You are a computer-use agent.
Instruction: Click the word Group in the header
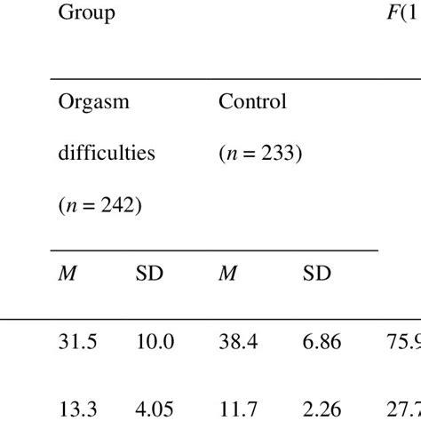(x=86, y=14)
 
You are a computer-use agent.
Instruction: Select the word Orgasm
(x=93, y=101)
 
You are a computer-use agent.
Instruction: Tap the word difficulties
(x=106, y=152)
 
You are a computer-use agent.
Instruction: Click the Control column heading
(x=252, y=101)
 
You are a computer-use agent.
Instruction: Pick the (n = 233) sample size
(x=261, y=152)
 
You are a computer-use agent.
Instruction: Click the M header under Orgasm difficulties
(x=68, y=274)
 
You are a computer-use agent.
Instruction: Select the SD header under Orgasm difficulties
(x=149, y=274)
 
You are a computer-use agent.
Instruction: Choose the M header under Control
(x=227, y=274)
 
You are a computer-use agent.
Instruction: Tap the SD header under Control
(x=316, y=274)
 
